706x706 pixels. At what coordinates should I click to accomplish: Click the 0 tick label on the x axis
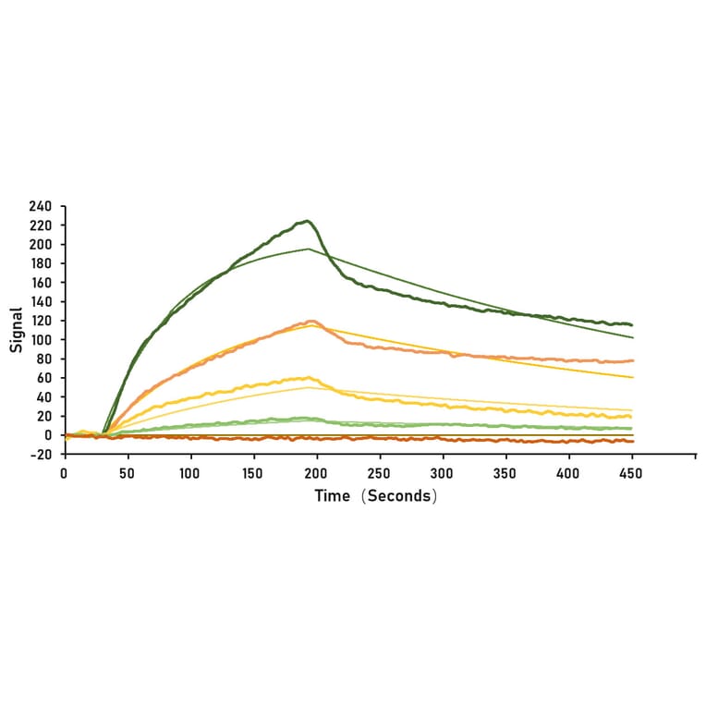pyautogui.click(x=64, y=472)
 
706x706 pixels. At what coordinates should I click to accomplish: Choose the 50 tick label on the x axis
pyautogui.click(x=127, y=472)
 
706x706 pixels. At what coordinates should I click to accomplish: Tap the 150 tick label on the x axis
pyautogui.click(x=253, y=472)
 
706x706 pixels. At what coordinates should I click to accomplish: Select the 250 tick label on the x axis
pyautogui.click(x=379, y=472)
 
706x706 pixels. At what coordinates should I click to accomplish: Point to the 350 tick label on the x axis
pyautogui.click(x=505, y=472)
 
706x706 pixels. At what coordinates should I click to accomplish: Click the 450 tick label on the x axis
pyautogui.click(x=631, y=472)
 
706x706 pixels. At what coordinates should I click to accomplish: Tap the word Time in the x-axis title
pyautogui.click(x=332, y=496)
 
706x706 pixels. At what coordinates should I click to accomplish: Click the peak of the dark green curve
pyautogui.click(x=307, y=221)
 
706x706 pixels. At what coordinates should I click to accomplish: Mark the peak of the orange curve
pyautogui.click(x=311, y=321)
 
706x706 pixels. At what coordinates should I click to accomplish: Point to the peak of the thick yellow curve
pyautogui.click(x=307, y=377)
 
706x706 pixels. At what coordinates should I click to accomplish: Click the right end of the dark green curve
pyautogui.click(x=632, y=325)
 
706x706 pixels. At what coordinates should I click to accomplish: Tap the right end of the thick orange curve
pyautogui.click(x=632, y=360)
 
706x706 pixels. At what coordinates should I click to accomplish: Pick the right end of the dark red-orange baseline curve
pyautogui.click(x=633, y=442)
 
